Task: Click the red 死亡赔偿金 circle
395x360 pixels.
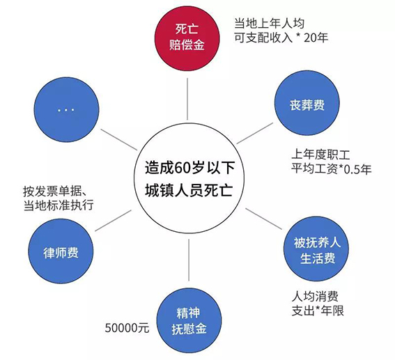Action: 187,38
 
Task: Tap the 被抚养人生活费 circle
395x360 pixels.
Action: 316,249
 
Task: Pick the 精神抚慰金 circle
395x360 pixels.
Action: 189,320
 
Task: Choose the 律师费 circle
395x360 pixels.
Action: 61,251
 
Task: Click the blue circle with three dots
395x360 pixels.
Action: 66,109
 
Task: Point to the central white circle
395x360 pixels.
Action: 189,178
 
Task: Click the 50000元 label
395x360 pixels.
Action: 127,328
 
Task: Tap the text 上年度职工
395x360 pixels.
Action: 320,154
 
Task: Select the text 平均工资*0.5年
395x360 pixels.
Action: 332,169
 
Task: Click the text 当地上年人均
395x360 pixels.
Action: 270,24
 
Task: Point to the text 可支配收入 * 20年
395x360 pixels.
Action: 281,38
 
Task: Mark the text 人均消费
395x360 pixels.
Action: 315,297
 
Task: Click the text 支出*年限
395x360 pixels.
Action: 318,311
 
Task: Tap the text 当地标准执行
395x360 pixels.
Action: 59,205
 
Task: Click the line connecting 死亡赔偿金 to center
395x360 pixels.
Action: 187,99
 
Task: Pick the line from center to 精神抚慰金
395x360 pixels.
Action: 189,260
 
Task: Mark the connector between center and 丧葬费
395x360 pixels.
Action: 255,134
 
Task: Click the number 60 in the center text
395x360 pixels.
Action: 182,167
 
